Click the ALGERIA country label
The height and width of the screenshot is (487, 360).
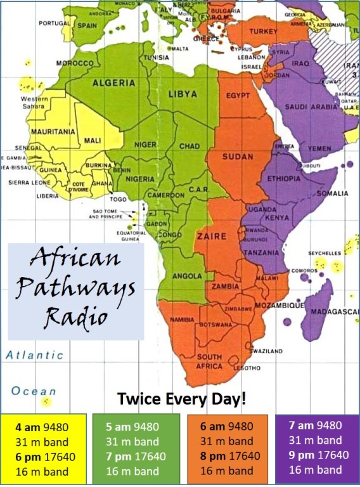click(x=114, y=83)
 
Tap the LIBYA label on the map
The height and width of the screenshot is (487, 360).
click(x=183, y=95)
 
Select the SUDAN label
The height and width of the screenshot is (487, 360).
click(x=238, y=157)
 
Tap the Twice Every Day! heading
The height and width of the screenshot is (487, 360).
click(x=181, y=400)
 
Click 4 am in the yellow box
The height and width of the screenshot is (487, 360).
click(x=29, y=425)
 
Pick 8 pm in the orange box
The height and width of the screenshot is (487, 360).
click(x=212, y=456)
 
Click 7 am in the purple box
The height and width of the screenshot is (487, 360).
click(x=302, y=425)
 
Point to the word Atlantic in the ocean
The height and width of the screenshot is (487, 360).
click(x=35, y=356)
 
